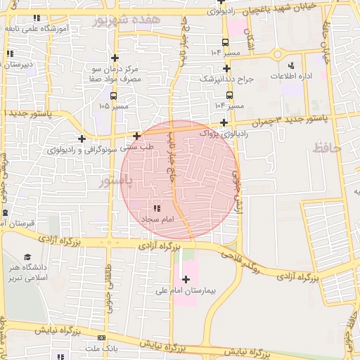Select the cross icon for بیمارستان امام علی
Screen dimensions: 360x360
186,280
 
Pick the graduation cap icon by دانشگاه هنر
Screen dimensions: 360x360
27,257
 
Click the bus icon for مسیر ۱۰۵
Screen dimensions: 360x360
113,96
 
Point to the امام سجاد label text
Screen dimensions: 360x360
157,220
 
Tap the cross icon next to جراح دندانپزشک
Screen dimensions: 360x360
226,68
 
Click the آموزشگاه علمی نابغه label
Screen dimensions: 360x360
51,28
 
